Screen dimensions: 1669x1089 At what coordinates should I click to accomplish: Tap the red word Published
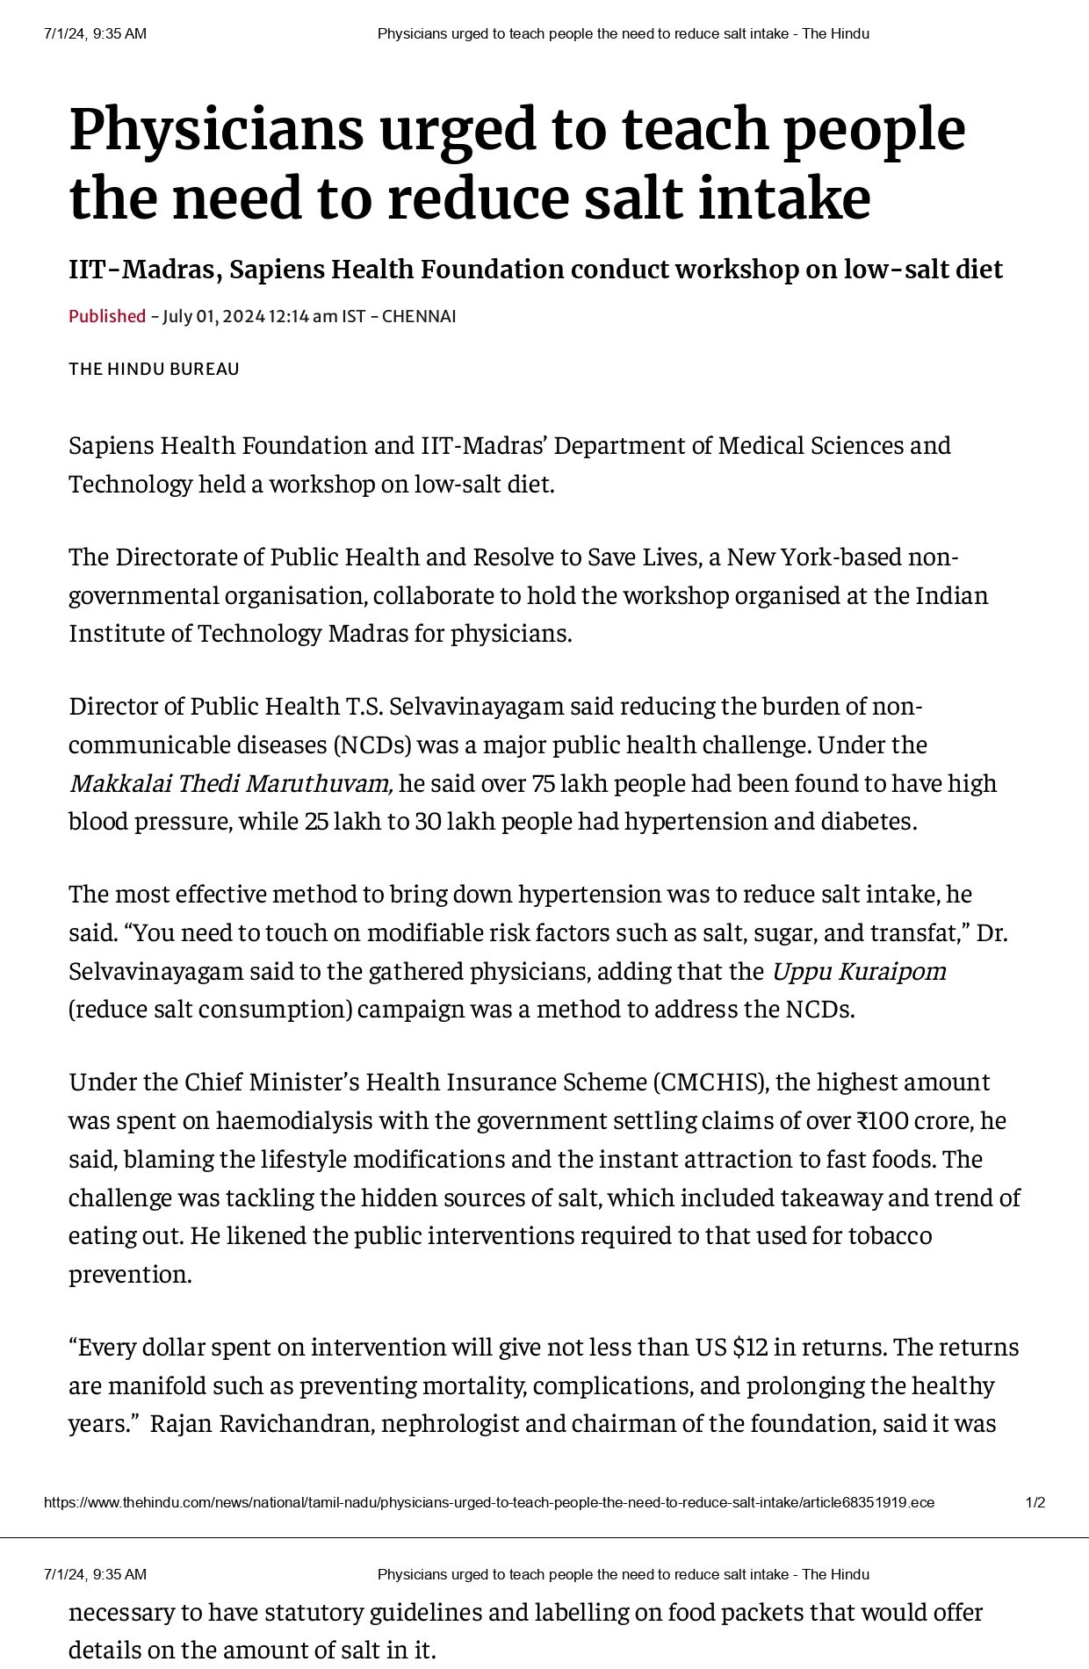107,316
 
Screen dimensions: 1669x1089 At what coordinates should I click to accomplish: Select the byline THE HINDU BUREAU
154,369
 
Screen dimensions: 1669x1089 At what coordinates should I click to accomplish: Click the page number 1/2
1035,1502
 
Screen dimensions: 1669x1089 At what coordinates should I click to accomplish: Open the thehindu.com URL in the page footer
488,1502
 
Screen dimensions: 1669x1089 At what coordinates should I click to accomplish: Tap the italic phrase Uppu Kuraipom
858,972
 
